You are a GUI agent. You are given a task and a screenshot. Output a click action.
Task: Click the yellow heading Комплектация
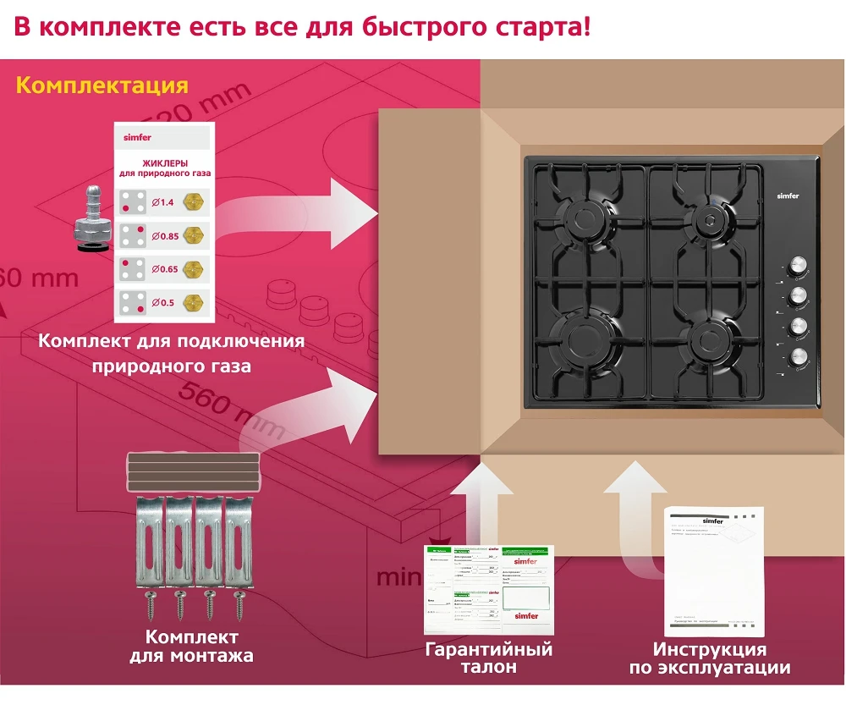[102, 85]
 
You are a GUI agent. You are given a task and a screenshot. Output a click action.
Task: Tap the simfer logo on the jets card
[137, 137]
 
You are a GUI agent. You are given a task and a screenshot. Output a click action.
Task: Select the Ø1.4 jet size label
[162, 201]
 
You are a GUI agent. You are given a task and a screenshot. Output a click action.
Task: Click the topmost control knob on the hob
[797, 267]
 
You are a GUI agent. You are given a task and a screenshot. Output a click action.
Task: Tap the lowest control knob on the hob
[797, 357]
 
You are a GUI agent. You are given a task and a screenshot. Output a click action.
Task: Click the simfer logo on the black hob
[788, 196]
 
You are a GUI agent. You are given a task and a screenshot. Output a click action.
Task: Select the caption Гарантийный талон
[489, 658]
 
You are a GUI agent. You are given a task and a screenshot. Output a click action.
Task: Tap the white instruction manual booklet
[715, 571]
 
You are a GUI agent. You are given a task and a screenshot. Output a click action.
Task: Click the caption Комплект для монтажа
[191, 646]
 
